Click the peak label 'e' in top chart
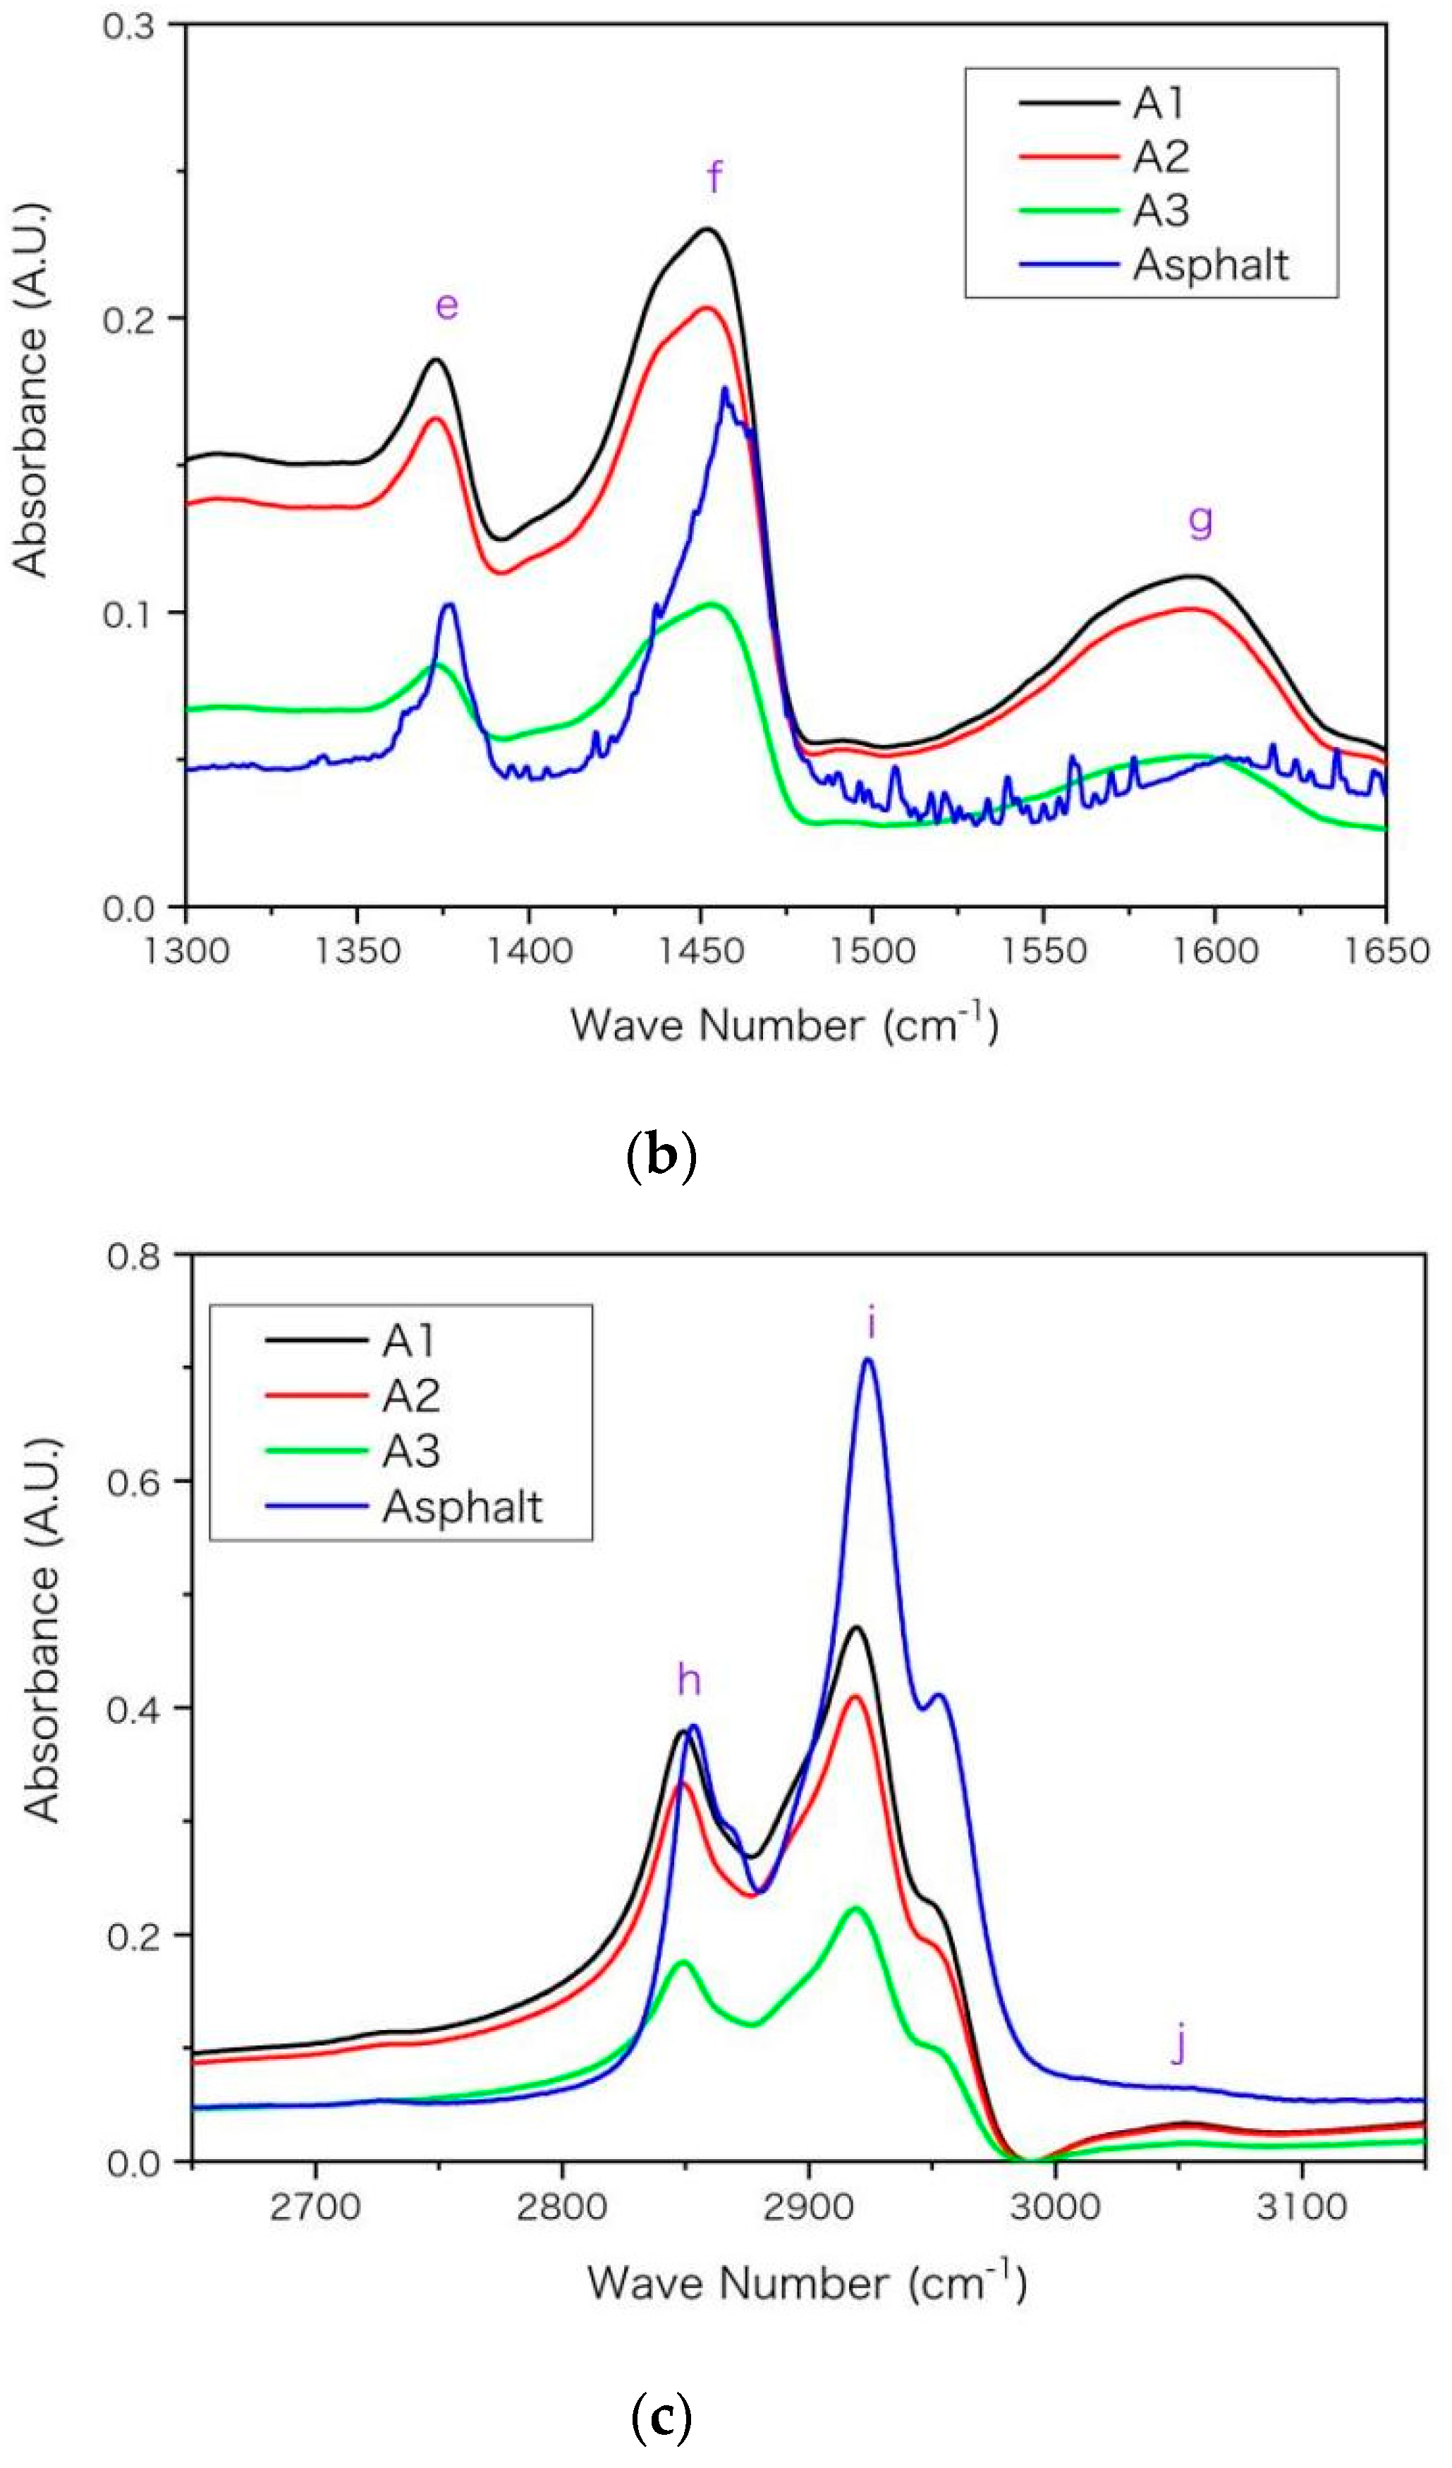(446, 307)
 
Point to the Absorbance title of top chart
(31, 388)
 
